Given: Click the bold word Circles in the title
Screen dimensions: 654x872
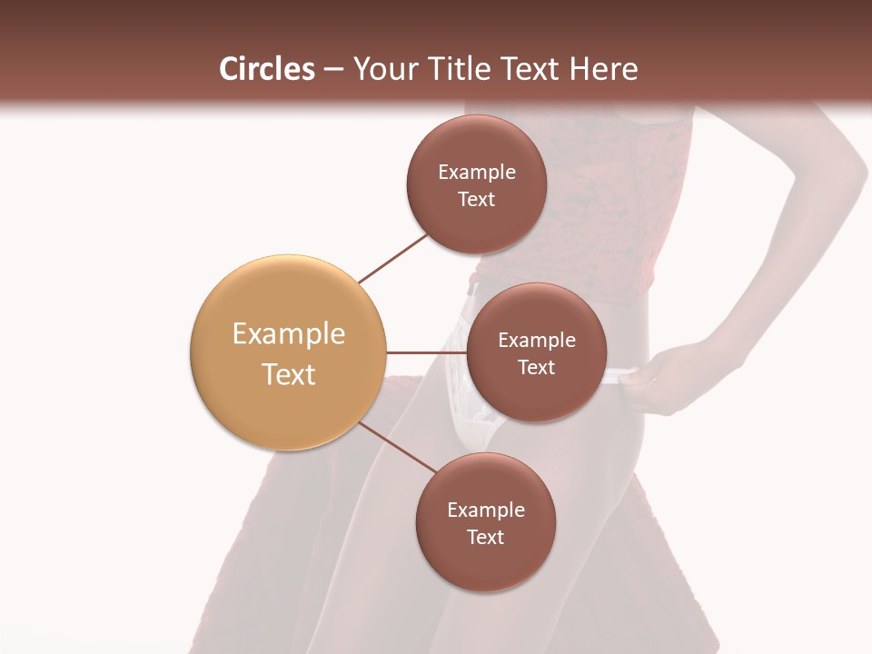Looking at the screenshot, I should pyautogui.click(x=266, y=69).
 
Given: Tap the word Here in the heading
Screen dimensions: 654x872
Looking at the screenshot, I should pyautogui.click(x=604, y=69).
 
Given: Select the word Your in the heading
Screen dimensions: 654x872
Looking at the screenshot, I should pyautogui.click(x=382, y=70).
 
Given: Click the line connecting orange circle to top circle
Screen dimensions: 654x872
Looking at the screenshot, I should pyautogui.click(x=393, y=258).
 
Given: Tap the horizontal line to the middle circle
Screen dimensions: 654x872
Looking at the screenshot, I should pyautogui.click(x=427, y=352).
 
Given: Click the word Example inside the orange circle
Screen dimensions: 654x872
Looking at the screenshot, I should pyautogui.click(x=288, y=334).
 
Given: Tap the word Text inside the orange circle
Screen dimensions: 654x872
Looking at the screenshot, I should pyautogui.click(x=288, y=374).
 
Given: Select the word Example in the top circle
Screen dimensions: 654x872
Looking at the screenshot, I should pyautogui.click(x=476, y=173).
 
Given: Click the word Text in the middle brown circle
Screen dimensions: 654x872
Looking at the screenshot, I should pyautogui.click(x=536, y=367).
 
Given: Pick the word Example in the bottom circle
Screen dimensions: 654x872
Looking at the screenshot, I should pyautogui.click(x=485, y=510).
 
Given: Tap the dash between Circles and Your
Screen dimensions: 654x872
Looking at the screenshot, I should pyautogui.click(x=333, y=70).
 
